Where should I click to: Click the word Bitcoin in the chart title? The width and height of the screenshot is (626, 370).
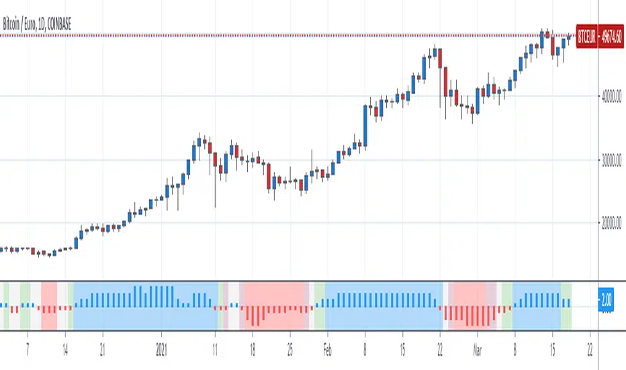click(x=13, y=25)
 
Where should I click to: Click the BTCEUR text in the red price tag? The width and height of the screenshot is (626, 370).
click(x=586, y=36)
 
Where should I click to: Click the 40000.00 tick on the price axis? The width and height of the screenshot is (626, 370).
click(x=611, y=97)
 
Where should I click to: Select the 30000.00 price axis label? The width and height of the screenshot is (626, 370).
click(x=611, y=160)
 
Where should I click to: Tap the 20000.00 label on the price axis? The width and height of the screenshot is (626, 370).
click(x=611, y=223)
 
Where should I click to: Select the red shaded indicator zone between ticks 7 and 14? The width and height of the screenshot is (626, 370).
click(x=49, y=305)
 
